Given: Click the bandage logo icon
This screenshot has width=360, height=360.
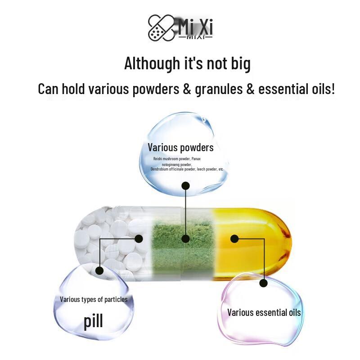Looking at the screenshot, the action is pos(161,28).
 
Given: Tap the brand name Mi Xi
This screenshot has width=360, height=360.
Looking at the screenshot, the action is pos(195,27).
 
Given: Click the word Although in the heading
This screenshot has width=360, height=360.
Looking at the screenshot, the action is pos(152,63).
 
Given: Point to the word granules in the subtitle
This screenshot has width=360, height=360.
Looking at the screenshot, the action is pos(219,89).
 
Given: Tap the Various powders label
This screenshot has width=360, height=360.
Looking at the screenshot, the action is pos(181,148).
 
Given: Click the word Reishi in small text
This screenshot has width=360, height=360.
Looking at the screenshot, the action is pos(158,159).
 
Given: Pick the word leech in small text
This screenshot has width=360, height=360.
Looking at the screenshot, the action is pos(201,169).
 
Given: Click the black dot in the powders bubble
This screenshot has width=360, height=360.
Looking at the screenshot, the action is pos(185,186).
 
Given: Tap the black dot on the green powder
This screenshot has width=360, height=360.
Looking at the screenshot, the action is pos(185,239).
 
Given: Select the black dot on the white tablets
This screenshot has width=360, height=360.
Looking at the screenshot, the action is pos(139,239).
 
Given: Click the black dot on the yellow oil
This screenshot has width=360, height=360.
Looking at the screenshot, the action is pos(234,239).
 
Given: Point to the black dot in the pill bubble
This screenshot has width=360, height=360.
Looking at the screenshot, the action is pos(99,271).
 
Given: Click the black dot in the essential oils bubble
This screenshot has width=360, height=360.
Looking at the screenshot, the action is pos(264,283).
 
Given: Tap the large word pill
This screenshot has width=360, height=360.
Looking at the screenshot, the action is pos(93,321).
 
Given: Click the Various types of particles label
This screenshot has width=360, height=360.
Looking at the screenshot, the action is pos(94,299).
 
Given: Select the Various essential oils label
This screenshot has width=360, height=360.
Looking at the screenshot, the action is pos(264,312).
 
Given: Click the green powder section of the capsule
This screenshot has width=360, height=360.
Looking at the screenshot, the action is pos(183,248).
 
